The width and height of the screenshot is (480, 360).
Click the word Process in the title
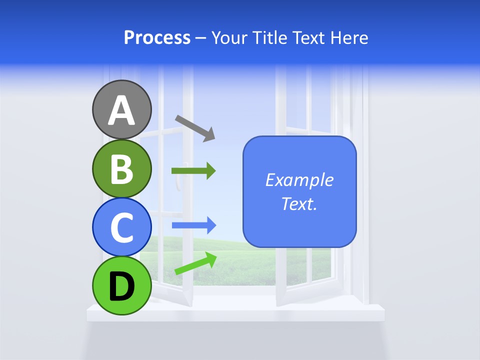coord(157,38)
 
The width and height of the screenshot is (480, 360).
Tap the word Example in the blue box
coord(299,180)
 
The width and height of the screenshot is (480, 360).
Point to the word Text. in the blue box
coord(299,204)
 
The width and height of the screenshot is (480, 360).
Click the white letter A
coord(121,110)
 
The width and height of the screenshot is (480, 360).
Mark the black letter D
coord(121,286)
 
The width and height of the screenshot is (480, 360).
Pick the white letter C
coord(121,227)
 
